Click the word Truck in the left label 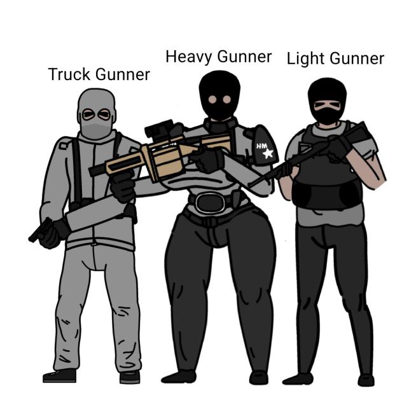pyautogui.click(x=69, y=74)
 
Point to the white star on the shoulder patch pyautogui.click(x=268, y=153)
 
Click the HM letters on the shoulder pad pyautogui.click(x=262, y=146)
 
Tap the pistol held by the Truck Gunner pyautogui.click(x=41, y=230)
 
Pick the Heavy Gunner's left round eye pyautogui.click(x=212, y=99)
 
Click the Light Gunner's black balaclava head pyautogui.click(x=327, y=100)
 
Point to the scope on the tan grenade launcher pyautogui.click(x=160, y=130)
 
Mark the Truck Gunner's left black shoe pyautogui.click(x=60, y=375)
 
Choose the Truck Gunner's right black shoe pyautogui.click(x=130, y=377)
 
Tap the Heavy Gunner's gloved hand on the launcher pyautogui.click(x=208, y=160)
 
